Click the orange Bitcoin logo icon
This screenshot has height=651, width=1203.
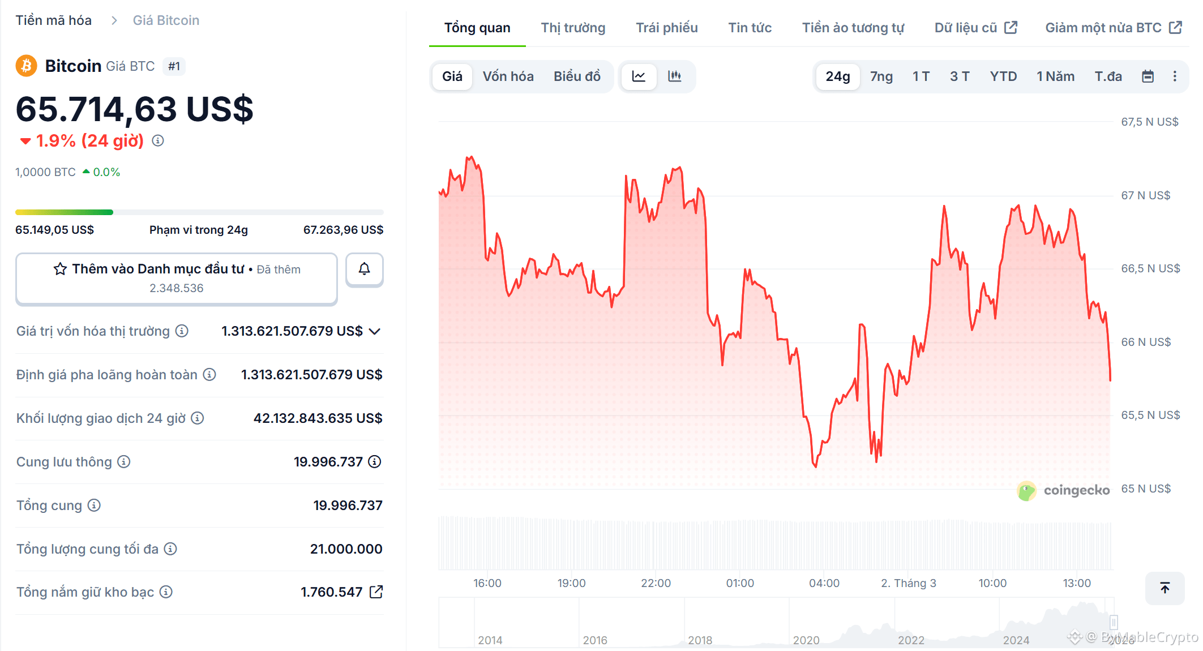(26, 66)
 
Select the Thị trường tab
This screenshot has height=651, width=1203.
(573, 28)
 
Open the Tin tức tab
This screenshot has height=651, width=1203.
(750, 28)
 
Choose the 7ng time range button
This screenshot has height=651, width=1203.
(881, 76)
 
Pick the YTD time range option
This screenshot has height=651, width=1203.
(1003, 76)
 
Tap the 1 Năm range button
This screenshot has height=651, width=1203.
(1055, 76)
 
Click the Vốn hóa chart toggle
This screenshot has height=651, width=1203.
(508, 76)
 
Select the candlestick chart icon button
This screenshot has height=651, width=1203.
(674, 76)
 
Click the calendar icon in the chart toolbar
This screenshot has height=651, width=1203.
(1148, 76)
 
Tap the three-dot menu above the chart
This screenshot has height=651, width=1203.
(1175, 76)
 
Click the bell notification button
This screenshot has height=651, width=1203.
(365, 269)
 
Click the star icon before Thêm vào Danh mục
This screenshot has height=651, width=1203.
(60, 269)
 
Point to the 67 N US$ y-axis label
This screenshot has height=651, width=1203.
(1145, 195)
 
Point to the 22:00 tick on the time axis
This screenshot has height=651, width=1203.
(656, 583)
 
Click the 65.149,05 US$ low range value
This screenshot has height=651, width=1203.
(55, 230)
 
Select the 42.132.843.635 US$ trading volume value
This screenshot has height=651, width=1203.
(318, 418)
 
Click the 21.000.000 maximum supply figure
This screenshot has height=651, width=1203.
(346, 549)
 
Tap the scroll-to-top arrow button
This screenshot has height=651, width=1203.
(1165, 588)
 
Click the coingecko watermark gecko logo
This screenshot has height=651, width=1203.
(1026, 491)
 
